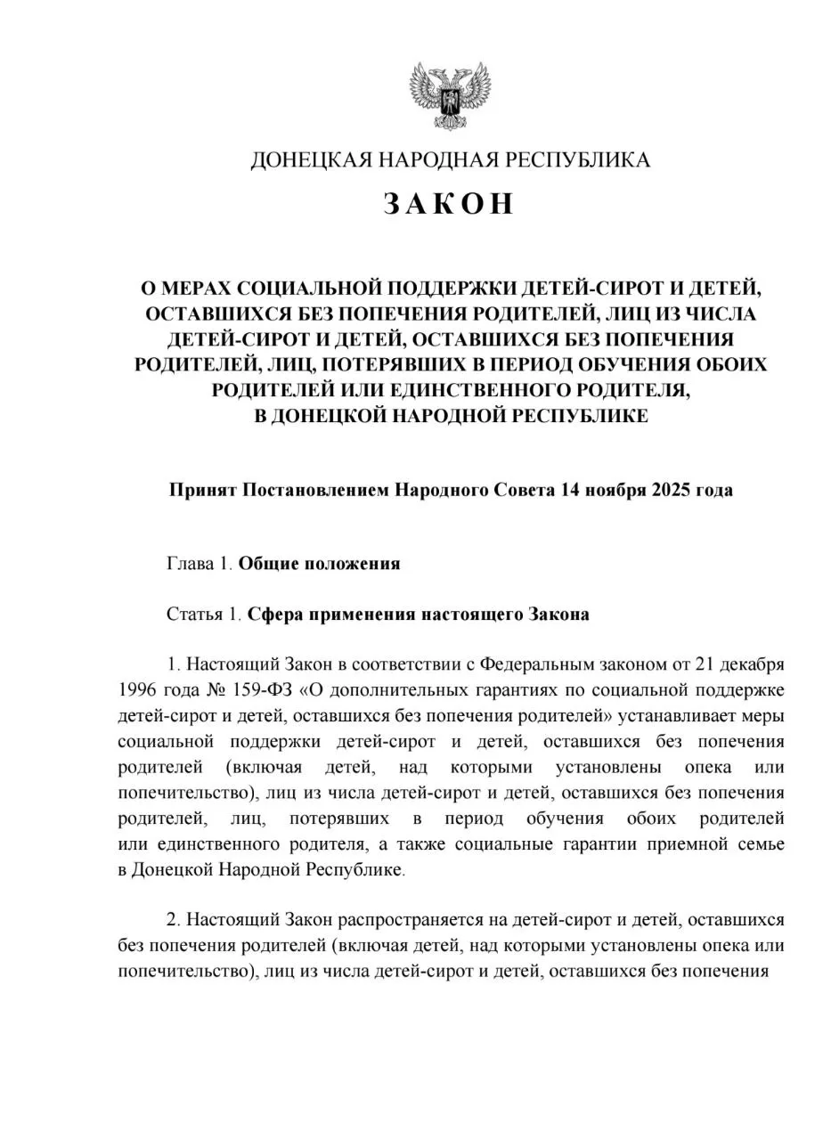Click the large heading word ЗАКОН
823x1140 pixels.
450,204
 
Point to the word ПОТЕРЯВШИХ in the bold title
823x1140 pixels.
377,365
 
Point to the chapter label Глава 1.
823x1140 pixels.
200,564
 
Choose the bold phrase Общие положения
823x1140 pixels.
319,564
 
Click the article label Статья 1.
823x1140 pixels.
204,615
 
